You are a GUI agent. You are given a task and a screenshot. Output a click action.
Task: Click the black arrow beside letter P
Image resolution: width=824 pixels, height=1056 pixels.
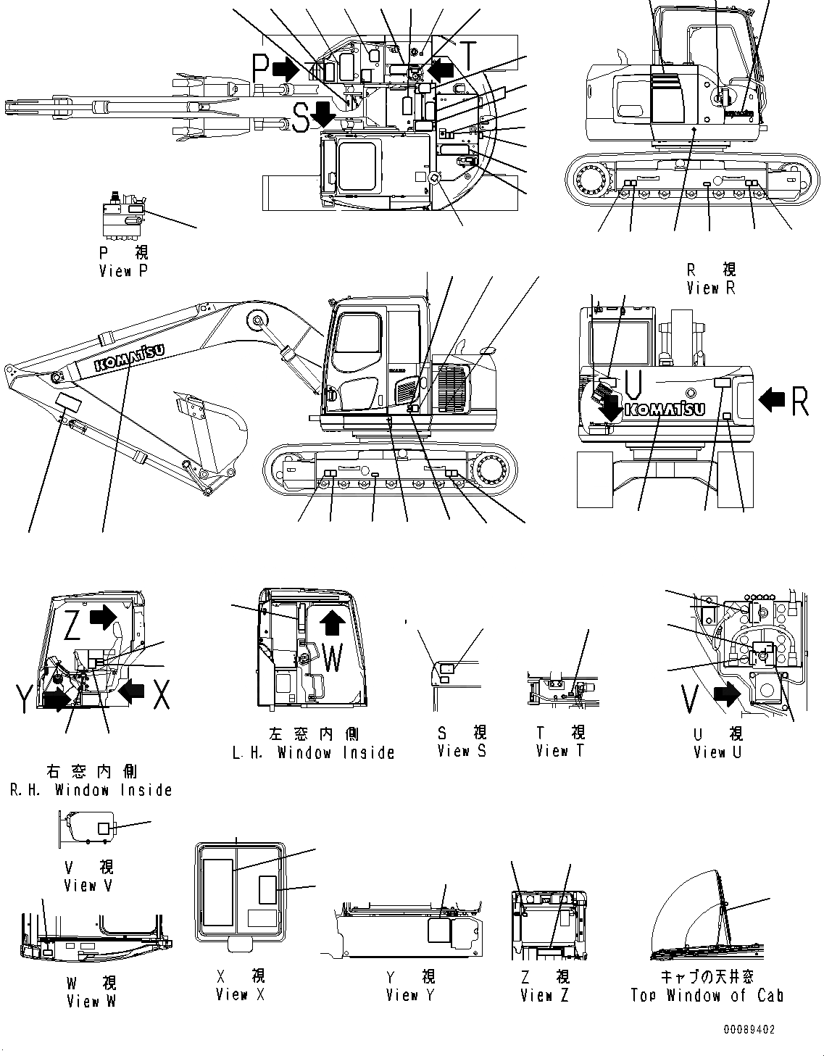tap(285, 69)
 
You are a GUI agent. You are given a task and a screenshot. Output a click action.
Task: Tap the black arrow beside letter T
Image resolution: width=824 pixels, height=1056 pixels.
tap(441, 69)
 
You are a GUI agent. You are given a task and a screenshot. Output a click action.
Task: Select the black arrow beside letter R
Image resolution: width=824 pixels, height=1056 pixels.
tap(773, 397)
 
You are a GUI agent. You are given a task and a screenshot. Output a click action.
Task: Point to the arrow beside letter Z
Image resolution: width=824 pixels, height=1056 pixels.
tap(102, 618)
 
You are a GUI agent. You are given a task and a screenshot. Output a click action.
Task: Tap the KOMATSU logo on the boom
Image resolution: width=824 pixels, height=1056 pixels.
tap(128, 359)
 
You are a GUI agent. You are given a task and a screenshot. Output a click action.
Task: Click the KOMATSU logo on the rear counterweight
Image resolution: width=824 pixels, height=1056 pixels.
tap(663, 409)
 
